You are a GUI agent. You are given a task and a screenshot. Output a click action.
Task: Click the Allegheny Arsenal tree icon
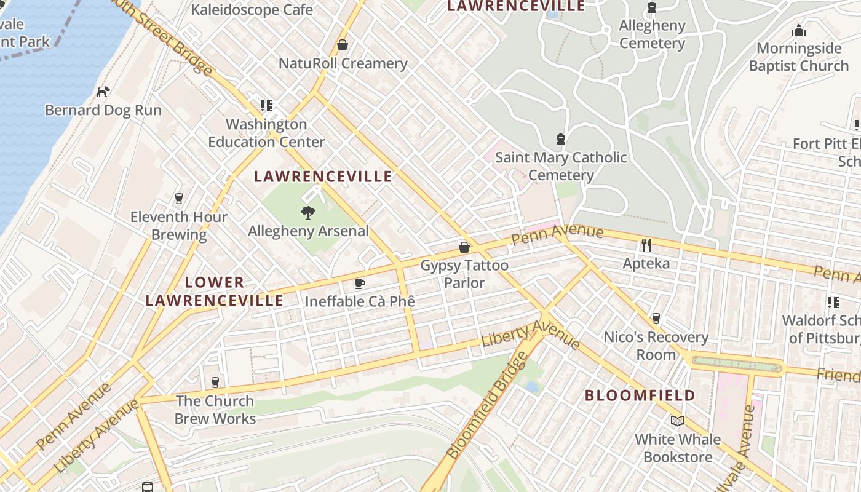pos(307,213)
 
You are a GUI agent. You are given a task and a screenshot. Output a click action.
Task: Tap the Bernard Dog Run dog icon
pos(103,92)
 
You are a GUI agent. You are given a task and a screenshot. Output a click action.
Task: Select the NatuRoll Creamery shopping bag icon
pos(343,46)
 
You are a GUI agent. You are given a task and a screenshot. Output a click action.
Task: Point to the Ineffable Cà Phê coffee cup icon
pos(360,284)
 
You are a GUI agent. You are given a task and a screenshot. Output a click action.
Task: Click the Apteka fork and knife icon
pos(646,245)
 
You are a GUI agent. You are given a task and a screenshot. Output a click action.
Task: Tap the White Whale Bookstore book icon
pos(677,421)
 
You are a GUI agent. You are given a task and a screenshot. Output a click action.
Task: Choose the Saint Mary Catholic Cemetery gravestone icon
pos(560,139)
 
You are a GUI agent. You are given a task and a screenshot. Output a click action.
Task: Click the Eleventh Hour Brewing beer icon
pos(179,198)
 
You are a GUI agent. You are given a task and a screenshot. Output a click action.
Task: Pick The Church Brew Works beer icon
pos(215,382)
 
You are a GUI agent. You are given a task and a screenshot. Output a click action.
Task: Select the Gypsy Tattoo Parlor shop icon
pos(464,247)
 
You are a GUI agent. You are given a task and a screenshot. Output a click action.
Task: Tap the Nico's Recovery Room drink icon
pos(656,319)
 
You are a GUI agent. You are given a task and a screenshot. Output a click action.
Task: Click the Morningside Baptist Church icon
pos(798,30)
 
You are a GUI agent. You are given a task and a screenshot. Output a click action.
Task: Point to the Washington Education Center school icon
pos(266,106)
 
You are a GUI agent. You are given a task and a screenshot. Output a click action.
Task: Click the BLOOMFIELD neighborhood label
pos(640,395)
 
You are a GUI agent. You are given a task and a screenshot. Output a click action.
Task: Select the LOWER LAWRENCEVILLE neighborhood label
pos(215,292)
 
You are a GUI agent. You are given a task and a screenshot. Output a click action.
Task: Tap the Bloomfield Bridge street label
pos(486,406)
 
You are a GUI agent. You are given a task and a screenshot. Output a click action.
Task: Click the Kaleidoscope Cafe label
pos(252,10)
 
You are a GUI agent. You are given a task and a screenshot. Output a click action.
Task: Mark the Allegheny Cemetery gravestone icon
pos(651,7)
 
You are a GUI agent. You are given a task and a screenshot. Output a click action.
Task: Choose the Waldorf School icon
pos(833,302)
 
